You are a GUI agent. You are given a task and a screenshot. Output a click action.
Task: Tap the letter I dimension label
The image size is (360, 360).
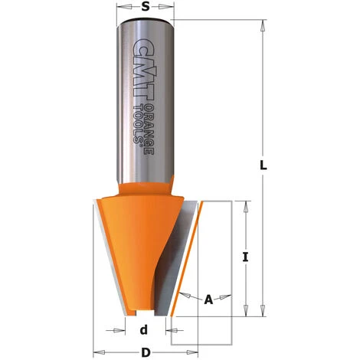pyautogui.click(x=245, y=257)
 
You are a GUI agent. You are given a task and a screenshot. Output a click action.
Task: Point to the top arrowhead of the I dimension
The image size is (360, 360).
pyautogui.click(x=245, y=205)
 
